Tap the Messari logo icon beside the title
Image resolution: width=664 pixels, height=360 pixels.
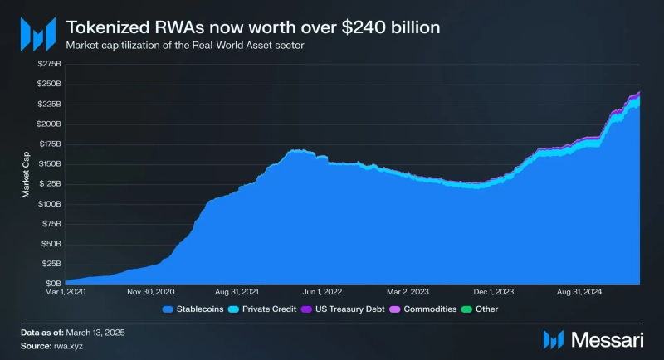37,35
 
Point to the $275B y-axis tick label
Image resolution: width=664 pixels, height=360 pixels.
49,64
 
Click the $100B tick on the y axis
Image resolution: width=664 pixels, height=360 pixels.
49,204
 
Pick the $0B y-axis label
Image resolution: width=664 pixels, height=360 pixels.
53,284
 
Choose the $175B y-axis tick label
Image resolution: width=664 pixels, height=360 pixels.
49,144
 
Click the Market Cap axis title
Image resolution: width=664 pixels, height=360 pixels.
26,174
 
